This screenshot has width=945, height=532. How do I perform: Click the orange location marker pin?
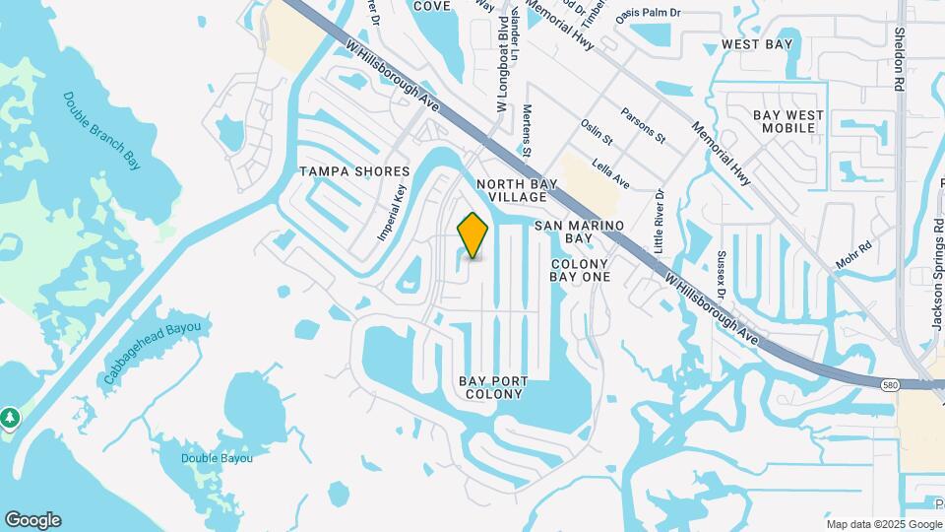pos(473,235)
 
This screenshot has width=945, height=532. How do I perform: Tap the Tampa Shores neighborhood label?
pos(354,171)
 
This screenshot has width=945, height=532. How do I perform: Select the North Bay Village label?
pos(518,190)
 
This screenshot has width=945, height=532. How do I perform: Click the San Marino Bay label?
pos(580,232)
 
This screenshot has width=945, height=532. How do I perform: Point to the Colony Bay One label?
pos(581,270)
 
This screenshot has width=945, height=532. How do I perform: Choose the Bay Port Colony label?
pos(493,387)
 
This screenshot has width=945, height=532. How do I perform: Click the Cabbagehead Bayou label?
pos(153,352)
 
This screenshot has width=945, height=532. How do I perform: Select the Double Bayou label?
pos(218,458)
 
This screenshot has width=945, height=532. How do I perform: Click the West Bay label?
pos(756,44)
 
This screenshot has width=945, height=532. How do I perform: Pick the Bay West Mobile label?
pos(788,122)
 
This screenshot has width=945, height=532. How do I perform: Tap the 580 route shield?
pos(889,383)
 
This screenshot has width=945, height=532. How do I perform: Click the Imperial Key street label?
pos(392,214)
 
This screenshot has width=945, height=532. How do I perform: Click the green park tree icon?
pos(10,418)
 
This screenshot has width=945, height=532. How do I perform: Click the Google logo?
pos(32,520)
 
